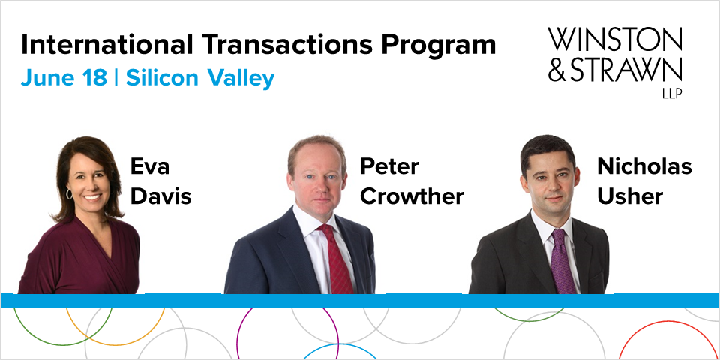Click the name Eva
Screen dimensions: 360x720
150,166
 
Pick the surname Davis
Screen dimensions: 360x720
161,196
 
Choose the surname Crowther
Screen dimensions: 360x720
412,196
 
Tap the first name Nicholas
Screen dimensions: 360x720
644,166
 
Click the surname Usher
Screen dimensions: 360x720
630,196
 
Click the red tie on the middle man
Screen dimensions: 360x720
337,258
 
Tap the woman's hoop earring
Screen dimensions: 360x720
70,194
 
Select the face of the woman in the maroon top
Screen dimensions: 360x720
90,180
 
